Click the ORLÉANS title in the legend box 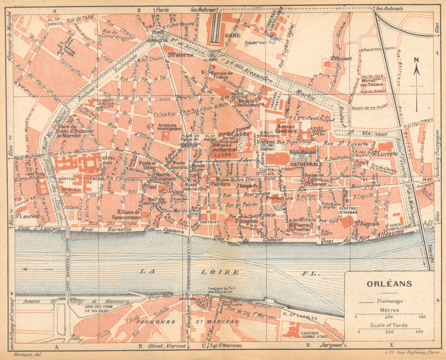point(383,283)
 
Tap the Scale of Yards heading point(388,325)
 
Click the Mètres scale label point(388,310)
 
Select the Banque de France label point(222,75)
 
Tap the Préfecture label point(279,198)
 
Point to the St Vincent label point(341,58)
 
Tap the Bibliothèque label point(302,152)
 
